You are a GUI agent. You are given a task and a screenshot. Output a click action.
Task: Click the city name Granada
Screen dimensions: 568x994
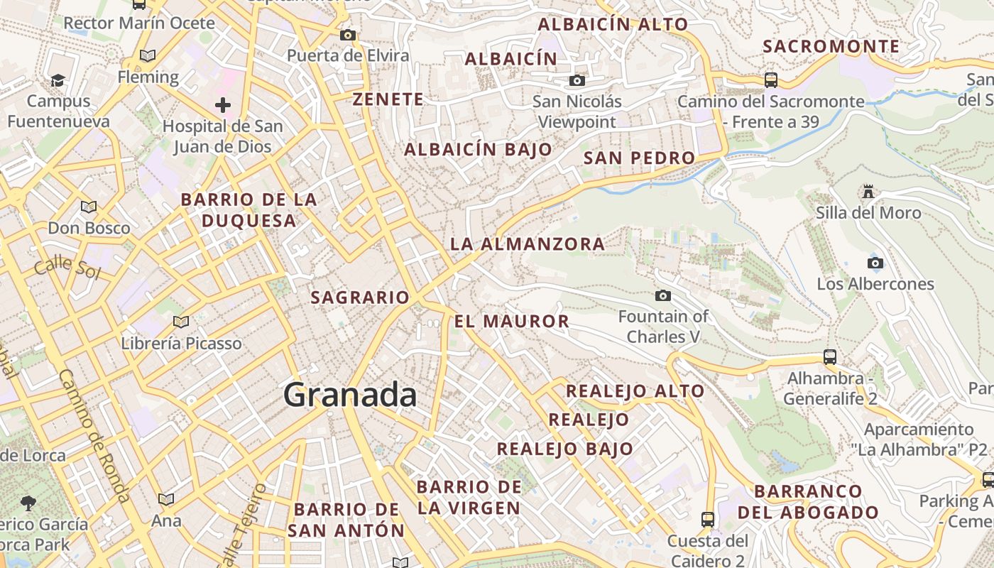350,395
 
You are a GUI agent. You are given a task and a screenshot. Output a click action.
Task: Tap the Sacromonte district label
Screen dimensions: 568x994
831,47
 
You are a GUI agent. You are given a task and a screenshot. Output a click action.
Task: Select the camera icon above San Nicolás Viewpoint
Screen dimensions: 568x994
577,80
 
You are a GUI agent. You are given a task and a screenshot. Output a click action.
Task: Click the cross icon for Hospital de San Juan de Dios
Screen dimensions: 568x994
223,106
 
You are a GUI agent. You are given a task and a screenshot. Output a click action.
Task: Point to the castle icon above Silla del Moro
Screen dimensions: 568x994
868,191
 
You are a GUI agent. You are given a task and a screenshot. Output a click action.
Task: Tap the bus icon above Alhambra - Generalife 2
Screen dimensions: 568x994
829,356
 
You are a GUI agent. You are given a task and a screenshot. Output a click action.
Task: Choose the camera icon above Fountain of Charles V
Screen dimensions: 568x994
663,295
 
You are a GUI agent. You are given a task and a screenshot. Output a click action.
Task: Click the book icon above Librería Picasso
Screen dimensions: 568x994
181,322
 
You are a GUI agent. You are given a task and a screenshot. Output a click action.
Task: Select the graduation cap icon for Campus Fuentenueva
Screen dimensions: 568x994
58,80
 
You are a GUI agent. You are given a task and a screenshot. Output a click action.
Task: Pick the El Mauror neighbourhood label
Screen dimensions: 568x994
512,321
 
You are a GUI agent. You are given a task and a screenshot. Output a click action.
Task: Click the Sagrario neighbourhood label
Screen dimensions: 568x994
360,297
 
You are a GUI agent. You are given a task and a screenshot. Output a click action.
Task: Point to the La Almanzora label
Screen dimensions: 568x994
528,244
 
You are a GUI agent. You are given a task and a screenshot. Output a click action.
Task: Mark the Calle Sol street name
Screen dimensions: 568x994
67,268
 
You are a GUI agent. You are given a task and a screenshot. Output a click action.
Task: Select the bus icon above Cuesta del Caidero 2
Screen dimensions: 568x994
707,519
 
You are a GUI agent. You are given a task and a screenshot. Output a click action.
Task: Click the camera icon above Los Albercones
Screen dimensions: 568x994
875,263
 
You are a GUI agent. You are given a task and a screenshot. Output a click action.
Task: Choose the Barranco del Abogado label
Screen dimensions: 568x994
808,501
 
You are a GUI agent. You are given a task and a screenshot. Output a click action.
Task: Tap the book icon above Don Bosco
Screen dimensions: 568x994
89,207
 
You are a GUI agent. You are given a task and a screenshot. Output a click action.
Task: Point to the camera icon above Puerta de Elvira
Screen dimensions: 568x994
348,35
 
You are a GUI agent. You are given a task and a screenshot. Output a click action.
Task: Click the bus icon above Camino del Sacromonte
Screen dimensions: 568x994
771,80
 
